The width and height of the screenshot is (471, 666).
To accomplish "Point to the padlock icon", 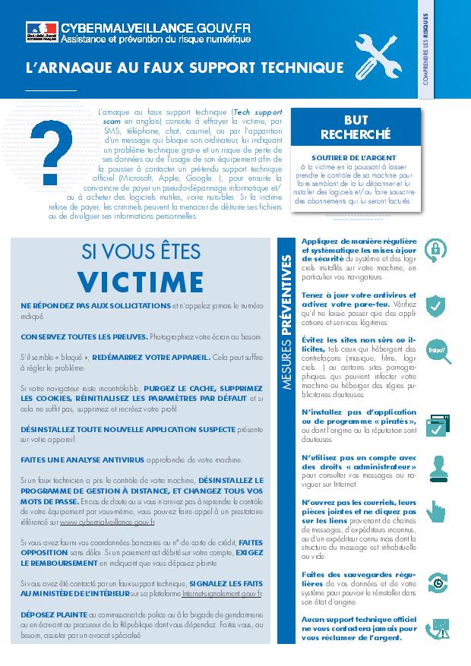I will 435,248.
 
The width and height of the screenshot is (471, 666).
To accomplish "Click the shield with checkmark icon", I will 435,305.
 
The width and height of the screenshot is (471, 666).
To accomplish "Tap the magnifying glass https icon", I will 436,351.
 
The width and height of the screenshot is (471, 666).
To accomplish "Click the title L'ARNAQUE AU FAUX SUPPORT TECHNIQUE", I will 185,68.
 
